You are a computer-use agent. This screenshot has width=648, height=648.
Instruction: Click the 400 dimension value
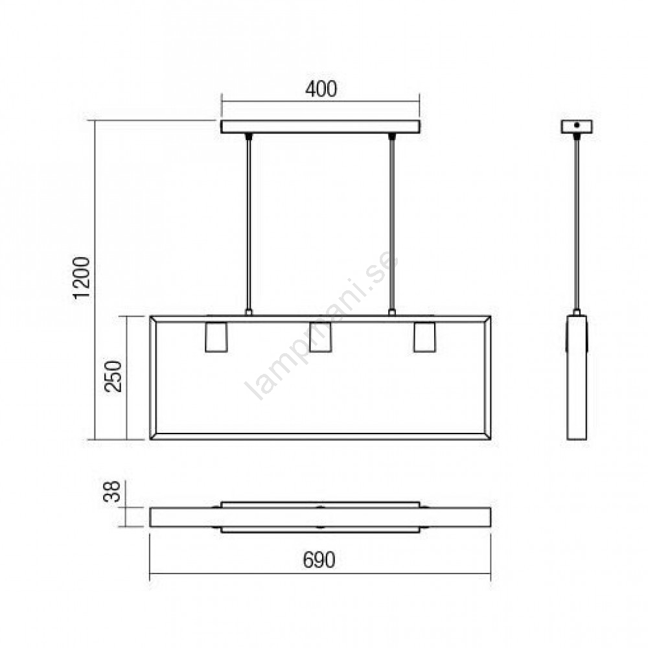point(321,89)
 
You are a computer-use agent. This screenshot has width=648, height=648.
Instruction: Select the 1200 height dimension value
point(81,277)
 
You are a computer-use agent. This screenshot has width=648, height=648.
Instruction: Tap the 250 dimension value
point(113,376)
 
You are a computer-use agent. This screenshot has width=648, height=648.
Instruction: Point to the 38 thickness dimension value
point(111,491)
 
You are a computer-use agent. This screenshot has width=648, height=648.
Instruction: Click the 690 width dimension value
point(319,560)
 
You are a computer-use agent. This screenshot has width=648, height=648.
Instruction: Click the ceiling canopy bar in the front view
point(320,126)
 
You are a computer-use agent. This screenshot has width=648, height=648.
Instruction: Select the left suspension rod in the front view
point(248,224)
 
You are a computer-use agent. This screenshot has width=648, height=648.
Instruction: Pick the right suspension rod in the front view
point(392,224)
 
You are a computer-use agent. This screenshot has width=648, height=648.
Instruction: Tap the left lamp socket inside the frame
point(216,337)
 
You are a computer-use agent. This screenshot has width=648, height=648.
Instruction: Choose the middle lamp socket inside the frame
point(320,337)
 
